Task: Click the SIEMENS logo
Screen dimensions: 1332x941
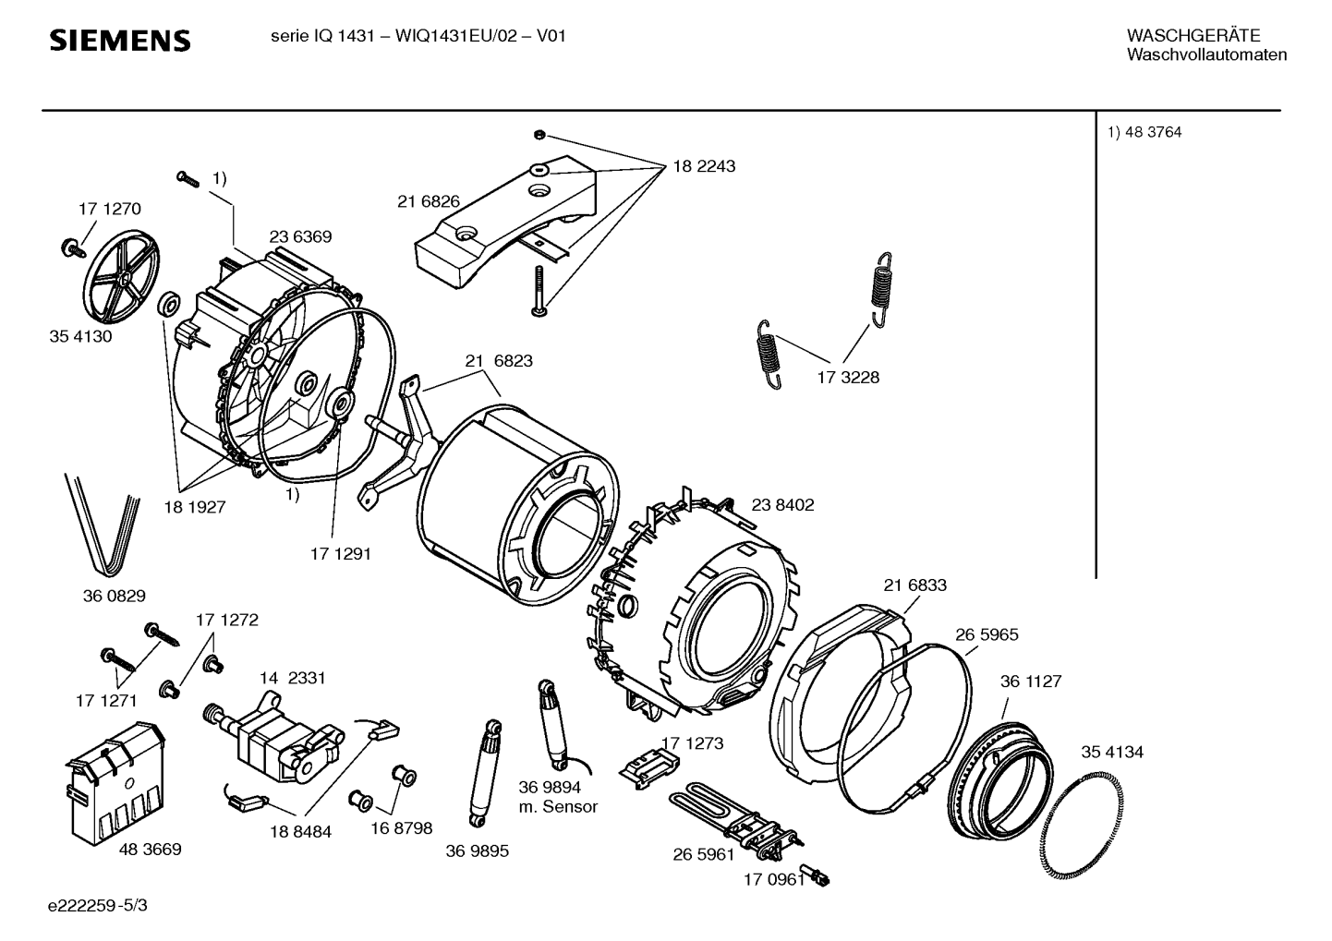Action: [119, 41]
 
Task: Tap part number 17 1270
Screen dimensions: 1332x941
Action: [110, 209]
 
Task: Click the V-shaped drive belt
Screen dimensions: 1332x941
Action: [103, 525]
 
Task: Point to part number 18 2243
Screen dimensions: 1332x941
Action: [704, 166]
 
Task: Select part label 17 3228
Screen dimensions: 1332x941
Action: [848, 378]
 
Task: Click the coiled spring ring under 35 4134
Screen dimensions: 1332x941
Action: [1083, 824]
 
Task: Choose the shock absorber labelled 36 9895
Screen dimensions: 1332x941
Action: [485, 773]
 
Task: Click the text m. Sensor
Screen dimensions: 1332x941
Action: [558, 807]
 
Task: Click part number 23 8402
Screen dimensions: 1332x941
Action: [782, 505]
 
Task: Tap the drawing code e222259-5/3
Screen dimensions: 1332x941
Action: [98, 905]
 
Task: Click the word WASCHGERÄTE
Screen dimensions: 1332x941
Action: [1193, 36]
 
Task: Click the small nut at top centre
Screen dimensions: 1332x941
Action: [539, 136]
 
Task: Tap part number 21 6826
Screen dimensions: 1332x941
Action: [429, 201]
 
